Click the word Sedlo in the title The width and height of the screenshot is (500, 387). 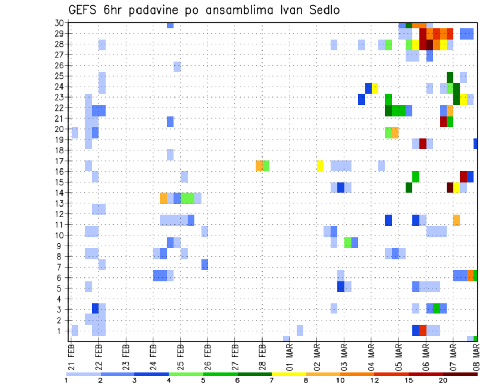click(323, 10)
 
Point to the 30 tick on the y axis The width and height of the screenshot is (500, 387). click(60, 22)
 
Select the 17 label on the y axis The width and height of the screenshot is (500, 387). click(60, 161)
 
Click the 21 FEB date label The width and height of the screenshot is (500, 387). click(72, 355)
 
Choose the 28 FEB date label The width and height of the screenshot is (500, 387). click(262, 355)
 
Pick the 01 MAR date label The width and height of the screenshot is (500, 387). click(289, 355)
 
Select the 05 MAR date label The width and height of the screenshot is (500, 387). click(398, 355)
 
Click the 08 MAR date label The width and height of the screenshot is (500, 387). click(476, 355)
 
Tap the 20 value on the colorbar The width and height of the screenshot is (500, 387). click(443, 380)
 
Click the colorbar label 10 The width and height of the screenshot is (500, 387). click(340, 380)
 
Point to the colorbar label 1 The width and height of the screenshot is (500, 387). click(66, 380)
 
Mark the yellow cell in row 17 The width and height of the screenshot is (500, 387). click(320, 165)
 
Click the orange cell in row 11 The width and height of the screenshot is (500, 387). click(456, 220)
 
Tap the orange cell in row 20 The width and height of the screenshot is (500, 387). click(395, 132)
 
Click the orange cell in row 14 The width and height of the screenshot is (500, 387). click(164, 198)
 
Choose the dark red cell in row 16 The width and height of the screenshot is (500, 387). click(463, 176)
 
